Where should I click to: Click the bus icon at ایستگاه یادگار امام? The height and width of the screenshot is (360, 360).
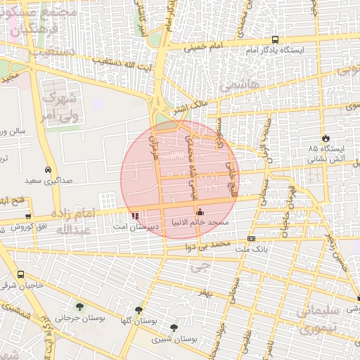click(x=275, y=41)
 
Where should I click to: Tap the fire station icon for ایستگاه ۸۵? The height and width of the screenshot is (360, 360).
click(x=325, y=138)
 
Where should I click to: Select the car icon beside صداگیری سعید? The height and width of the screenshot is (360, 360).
click(x=47, y=170)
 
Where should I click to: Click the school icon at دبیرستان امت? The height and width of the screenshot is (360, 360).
click(x=135, y=215)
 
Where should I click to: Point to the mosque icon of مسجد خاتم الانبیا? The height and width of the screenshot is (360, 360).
click(x=200, y=212)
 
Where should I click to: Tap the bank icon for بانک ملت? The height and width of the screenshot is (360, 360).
click(x=251, y=238)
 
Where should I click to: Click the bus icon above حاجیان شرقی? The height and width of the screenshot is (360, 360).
click(x=20, y=275)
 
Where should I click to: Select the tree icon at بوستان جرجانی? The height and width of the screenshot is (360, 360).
click(x=79, y=307)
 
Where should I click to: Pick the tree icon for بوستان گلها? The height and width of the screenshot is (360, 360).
click(x=139, y=309)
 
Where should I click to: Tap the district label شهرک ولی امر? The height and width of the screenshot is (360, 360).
click(x=58, y=106)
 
